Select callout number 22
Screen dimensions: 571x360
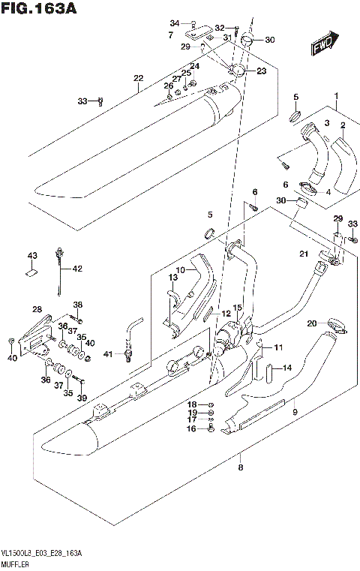138,78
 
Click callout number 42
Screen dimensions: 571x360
77,268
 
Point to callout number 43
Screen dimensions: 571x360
32,257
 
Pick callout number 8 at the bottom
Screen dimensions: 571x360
240,467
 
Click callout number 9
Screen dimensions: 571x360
295,411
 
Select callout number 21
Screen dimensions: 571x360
304,255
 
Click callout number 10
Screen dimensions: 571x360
180,270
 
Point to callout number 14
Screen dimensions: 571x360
286,368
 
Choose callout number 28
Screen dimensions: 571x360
37,309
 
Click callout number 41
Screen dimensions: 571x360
107,353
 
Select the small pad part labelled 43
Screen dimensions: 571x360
32,274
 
